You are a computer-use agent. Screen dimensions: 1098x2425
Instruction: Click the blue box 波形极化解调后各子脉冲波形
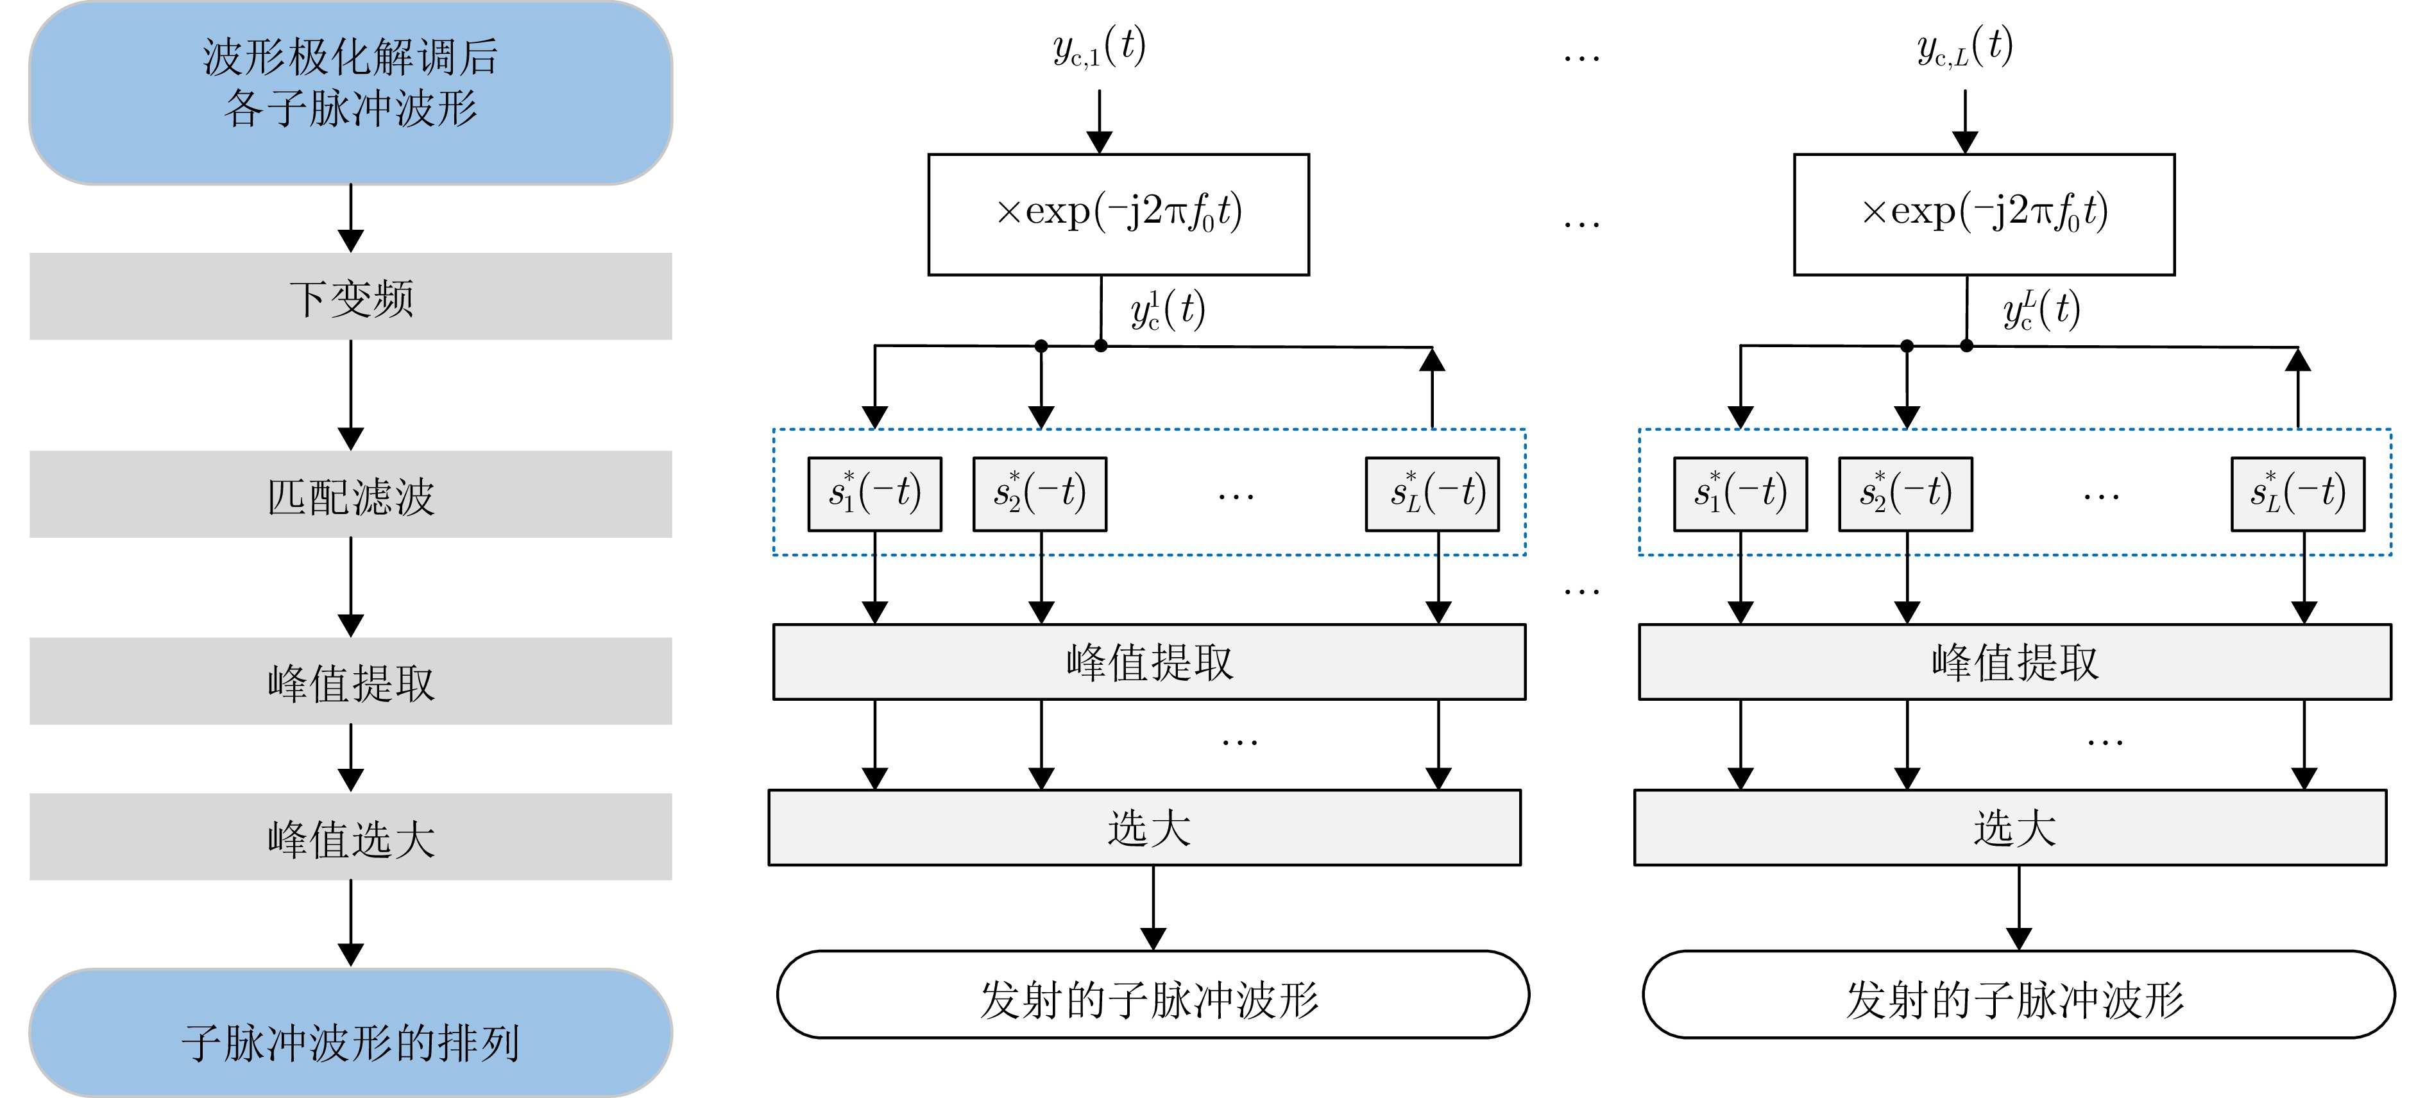tap(350, 92)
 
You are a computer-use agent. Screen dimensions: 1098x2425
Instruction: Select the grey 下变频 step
tap(350, 296)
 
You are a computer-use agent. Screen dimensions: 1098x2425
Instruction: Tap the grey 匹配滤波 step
tap(350, 494)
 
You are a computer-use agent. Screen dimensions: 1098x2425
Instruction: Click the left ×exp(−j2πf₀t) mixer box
tap(1118, 215)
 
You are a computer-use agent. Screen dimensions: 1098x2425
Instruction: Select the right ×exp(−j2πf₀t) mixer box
tap(1984, 215)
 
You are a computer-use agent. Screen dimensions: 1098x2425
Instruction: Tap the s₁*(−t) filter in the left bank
tap(874, 494)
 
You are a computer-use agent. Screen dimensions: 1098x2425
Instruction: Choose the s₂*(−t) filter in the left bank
tap(1039, 494)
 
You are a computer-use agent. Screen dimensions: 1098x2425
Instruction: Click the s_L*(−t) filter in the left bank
tap(1432, 494)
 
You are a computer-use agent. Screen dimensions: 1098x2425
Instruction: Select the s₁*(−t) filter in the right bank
tap(1740, 494)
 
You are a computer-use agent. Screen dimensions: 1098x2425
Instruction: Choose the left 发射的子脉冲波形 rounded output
tap(1152, 995)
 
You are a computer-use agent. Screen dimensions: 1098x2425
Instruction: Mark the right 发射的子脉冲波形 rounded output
tap(2018, 995)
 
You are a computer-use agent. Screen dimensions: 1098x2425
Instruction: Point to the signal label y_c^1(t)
tap(1168, 311)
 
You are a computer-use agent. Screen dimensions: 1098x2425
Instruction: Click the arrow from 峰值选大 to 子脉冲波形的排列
tap(351, 923)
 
